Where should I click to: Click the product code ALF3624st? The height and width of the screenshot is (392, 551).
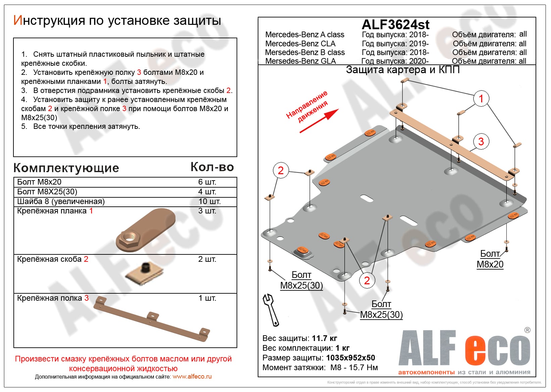[x=395, y=24]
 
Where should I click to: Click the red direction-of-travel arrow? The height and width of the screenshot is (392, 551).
[x=319, y=121]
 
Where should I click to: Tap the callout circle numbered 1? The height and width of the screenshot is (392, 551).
[x=481, y=99]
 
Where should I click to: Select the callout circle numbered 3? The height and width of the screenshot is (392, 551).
[x=481, y=141]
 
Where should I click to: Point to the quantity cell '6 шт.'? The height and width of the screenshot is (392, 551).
[x=207, y=182]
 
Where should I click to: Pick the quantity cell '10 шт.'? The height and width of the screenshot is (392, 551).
[x=209, y=201]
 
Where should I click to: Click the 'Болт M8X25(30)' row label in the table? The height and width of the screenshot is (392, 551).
[x=47, y=192]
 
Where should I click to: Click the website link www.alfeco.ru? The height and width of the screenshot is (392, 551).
[x=192, y=377]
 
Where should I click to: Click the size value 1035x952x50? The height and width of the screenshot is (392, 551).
[x=350, y=358]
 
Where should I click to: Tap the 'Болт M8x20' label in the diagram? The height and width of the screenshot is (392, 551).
[x=490, y=259]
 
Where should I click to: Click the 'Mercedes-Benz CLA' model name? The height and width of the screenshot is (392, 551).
[x=300, y=44]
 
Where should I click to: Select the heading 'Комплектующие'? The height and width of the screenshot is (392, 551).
[x=66, y=168]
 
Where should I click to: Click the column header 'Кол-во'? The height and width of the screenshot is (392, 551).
[x=212, y=167]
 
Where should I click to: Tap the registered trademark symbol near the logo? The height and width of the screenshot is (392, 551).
[x=527, y=330]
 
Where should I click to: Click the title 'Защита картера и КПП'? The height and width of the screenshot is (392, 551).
[x=403, y=70]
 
